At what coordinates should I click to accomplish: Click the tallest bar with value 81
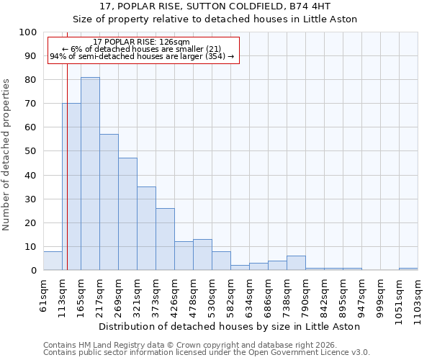pyautogui.click(x=90, y=174)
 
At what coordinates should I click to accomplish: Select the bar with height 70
pyautogui.click(x=71, y=186)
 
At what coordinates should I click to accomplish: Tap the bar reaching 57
pyautogui.click(x=109, y=202)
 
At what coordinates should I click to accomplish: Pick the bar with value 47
pyautogui.click(x=127, y=214)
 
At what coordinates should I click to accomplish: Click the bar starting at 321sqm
pyautogui.click(x=146, y=228)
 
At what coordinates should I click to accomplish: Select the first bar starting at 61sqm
pyautogui.click(x=53, y=261)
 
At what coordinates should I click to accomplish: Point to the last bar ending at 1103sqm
pyautogui.click(x=408, y=269)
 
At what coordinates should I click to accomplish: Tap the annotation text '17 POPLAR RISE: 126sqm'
pyautogui.click(x=142, y=42)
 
